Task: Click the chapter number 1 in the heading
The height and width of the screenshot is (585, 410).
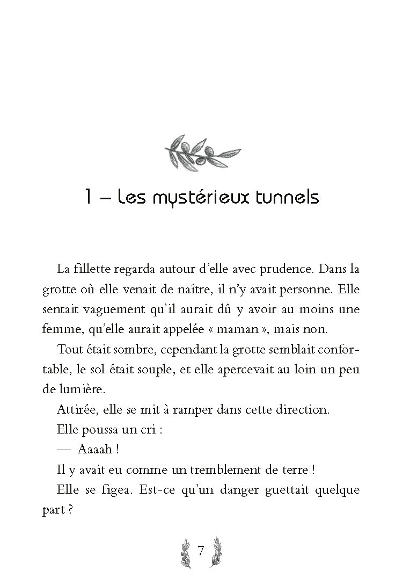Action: click(89, 197)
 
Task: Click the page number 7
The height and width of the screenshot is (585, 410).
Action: click(200, 551)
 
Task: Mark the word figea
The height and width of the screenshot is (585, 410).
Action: click(115, 490)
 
